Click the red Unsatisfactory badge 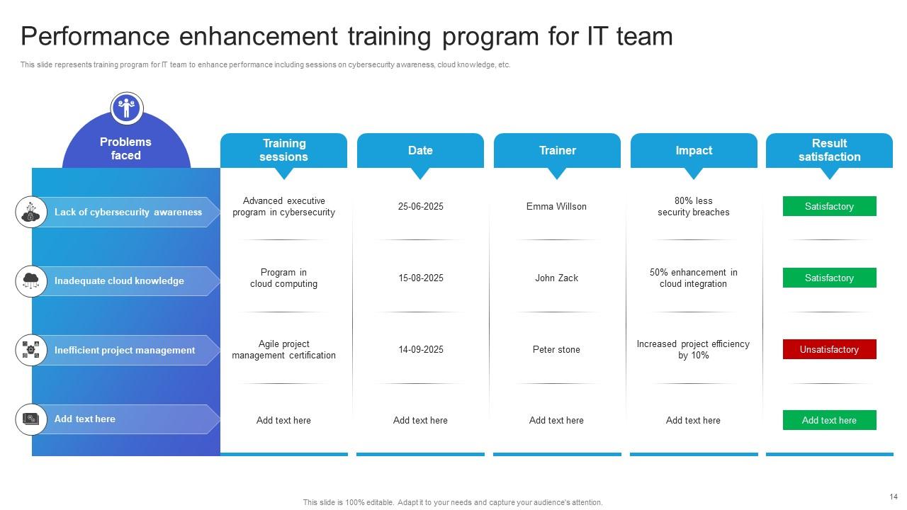pos(829,349)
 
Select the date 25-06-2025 pos(420,207)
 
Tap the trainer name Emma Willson pos(556,207)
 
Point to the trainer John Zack pos(556,278)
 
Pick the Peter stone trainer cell pos(556,350)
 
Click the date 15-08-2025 pos(420,278)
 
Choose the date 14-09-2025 pos(420,350)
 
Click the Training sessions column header pos(283,150)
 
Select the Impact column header pos(694,150)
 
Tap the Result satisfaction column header pos(829,150)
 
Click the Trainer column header pos(557,150)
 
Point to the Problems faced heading pos(125,149)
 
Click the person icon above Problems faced pos(127,108)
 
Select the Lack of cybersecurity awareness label pos(128,212)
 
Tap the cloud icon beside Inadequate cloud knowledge pos(30,281)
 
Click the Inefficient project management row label pos(124,350)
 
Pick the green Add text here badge pos(829,420)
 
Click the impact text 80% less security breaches pos(693,207)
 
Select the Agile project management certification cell pos(283,350)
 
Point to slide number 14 pos(893,497)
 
